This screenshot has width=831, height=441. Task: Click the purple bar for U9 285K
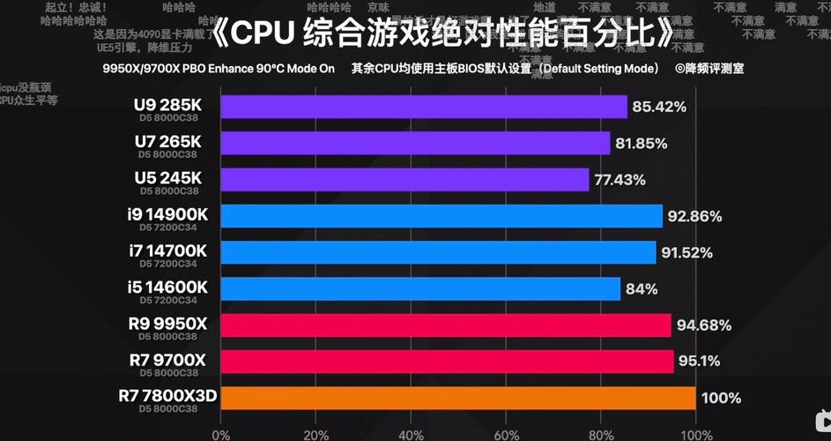[x=423, y=107]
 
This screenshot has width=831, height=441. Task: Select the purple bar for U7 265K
[x=414, y=143]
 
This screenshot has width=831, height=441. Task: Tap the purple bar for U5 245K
[x=404, y=179]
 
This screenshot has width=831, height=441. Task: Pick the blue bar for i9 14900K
[x=441, y=216]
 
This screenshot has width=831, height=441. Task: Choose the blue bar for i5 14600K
[x=419, y=288]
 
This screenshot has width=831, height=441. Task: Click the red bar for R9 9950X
[x=445, y=325]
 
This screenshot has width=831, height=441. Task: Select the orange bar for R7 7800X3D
[x=457, y=398]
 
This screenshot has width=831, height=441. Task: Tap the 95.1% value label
[x=700, y=362]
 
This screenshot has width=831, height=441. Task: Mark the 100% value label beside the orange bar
[x=721, y=399]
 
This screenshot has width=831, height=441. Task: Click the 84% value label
[x=643, y=289]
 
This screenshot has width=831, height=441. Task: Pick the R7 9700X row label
[x=167, y=359]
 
